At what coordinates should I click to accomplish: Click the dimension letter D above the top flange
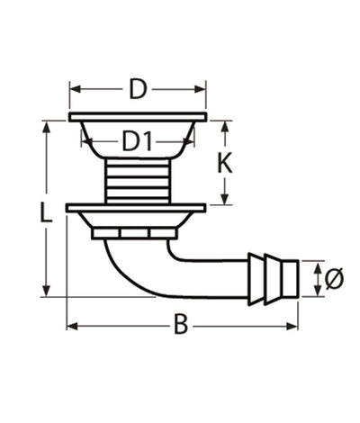pos(138,89)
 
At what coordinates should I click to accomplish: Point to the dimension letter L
pos(47,213)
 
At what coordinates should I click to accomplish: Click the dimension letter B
pos(181,325)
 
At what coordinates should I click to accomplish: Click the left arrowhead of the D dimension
pos(74,89)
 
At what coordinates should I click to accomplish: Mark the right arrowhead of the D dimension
pos(202,89)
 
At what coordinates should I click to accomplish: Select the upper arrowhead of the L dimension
pos(47,126)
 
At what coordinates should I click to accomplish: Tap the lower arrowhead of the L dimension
pos(47,292)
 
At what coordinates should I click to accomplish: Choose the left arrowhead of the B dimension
pos(72,325)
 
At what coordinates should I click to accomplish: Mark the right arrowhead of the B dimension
pos(293,325)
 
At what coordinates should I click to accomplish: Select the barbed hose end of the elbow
pos(271,276)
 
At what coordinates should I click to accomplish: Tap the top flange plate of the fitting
pos(138,118)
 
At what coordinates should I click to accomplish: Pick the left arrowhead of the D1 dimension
pos(85,140)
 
